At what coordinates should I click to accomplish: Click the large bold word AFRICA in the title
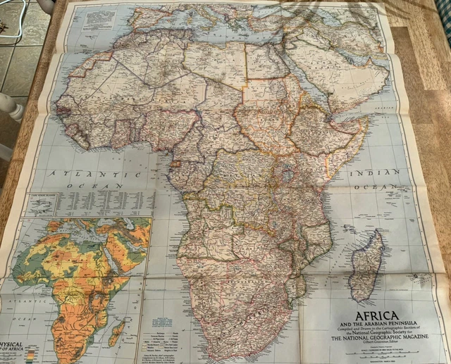366,315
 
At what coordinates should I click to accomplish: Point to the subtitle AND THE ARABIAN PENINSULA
367,325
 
